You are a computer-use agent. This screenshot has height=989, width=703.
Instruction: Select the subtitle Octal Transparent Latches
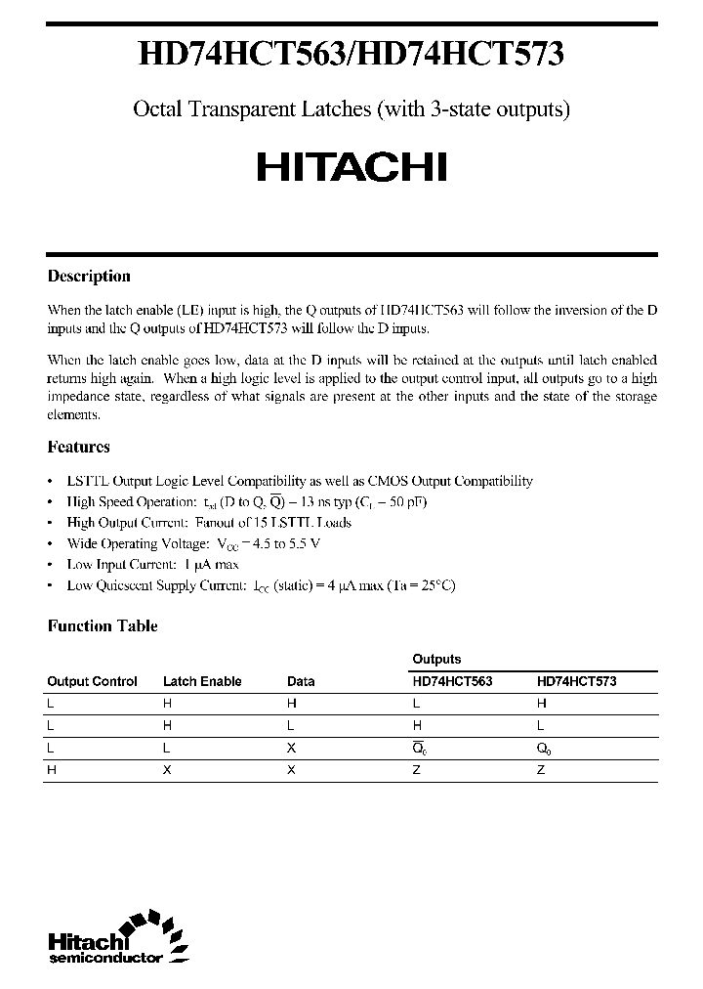[x=351, y=109]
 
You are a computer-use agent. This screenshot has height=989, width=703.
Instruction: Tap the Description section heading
[x=89, y=277]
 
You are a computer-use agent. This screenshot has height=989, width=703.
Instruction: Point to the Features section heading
[x=79, y=447]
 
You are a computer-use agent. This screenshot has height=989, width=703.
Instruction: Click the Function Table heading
[x=103, y=626]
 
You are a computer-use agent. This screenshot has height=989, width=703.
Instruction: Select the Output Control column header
[x=92, y=681]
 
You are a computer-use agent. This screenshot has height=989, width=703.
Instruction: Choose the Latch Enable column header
[x=202, y=681]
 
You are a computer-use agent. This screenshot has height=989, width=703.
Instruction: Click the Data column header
[x=301, y=681]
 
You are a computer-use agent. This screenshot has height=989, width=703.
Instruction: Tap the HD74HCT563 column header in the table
[x=452, y=681]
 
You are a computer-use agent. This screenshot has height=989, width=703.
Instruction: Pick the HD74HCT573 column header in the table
[x=576, y=681]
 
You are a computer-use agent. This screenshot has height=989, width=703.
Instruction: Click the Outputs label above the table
[x=436, y=660]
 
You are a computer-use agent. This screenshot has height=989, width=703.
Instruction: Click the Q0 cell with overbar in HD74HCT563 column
[x=420, y=748]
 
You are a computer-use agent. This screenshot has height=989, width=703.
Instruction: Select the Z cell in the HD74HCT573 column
[x=541, y=770]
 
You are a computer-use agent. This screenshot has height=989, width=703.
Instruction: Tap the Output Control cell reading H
[x=51, y=770]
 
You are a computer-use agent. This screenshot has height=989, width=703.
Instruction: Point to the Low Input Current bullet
[x=152, y=564]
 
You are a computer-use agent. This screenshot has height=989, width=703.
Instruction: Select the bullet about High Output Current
[x=209, y=523]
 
